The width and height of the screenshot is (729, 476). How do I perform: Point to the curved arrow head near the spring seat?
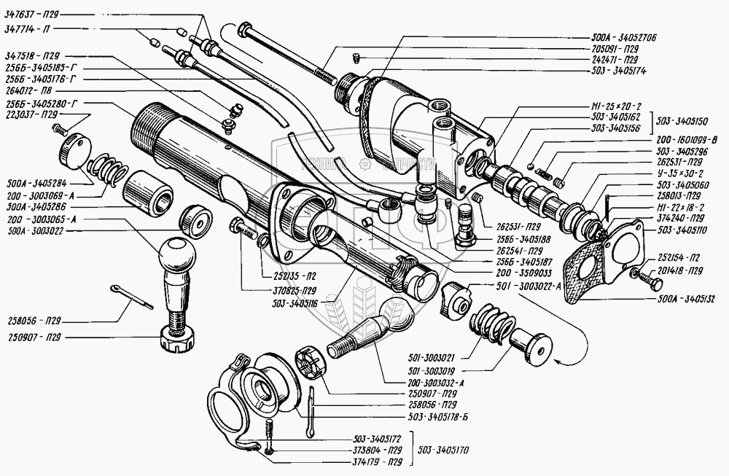(x=557, y=361)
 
